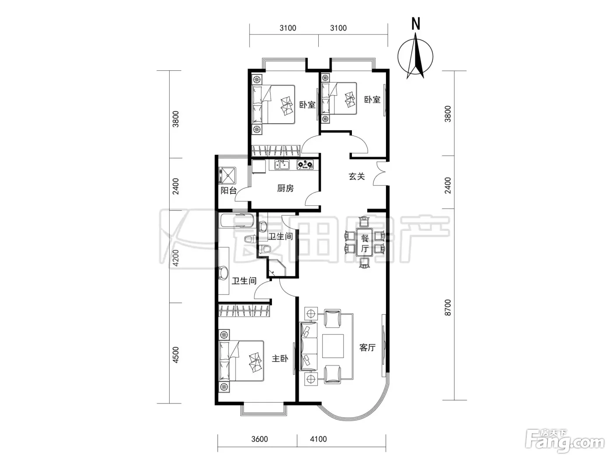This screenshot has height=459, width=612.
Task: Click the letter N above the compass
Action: coord(415,24)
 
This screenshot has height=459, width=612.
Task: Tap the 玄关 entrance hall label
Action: coord(357,177)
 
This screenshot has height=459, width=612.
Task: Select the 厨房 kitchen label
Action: coord(285,188)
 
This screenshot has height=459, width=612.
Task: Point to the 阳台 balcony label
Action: coord(228,191)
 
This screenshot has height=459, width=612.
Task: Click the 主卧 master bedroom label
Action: coord(280,358)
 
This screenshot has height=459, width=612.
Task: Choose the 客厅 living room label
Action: coord(368,348)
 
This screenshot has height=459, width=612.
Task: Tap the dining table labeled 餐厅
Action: coord(365,242)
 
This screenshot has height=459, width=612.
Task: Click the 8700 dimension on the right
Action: coord(448,307)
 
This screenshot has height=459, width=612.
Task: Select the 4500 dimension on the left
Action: coord(175,355)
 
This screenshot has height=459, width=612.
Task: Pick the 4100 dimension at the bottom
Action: coord(318,439)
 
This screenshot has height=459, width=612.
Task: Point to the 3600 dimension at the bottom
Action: coord(260,439)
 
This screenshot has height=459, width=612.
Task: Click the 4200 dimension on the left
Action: coord(175,258)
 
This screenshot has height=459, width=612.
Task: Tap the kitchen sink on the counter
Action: coord(282,164)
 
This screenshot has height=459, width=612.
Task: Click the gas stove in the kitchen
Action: coord(305,164)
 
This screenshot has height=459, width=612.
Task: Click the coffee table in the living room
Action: coord(333,346)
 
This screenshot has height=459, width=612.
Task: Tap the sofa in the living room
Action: coord(309,346)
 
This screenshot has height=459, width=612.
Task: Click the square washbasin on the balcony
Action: coord(227,175)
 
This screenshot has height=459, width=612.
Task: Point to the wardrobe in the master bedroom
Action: coord(244,311)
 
